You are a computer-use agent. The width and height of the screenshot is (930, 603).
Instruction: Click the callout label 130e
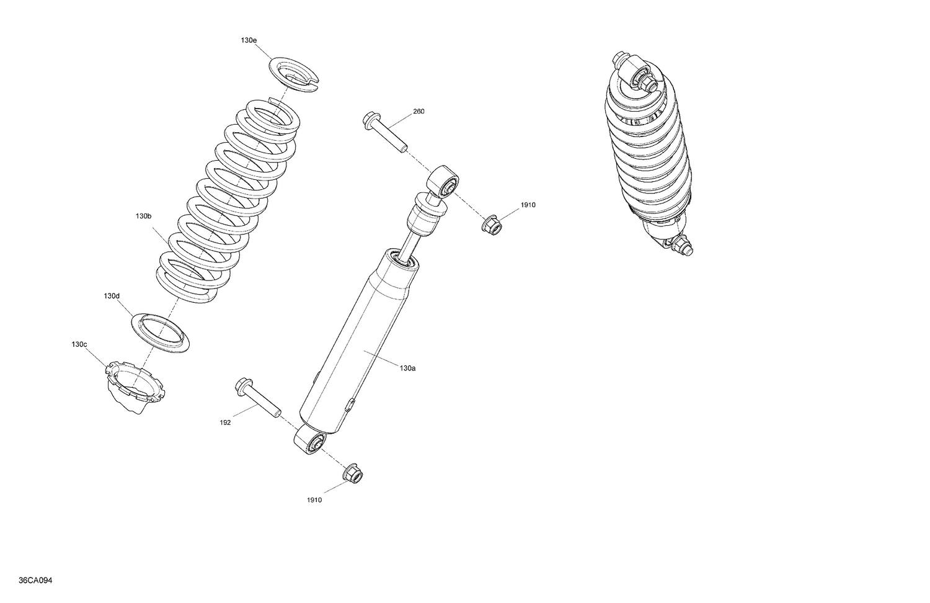249,40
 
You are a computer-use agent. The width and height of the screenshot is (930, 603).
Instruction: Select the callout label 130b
143,216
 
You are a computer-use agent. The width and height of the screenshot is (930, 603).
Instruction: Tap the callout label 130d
112,296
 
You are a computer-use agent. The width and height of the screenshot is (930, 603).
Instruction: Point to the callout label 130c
79,344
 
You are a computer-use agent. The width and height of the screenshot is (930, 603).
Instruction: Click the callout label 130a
407,368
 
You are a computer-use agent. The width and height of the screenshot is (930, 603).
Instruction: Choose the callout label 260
418,112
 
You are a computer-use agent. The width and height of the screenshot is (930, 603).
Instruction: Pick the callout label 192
225,422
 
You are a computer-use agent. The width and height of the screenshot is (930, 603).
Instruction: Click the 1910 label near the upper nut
528,205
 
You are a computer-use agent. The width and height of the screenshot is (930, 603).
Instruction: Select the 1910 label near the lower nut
314,500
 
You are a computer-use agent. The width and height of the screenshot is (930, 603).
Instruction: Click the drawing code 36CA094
35,581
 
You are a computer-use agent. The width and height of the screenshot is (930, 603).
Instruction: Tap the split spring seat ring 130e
294,74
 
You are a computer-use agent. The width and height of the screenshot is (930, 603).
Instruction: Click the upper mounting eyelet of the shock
444,181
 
